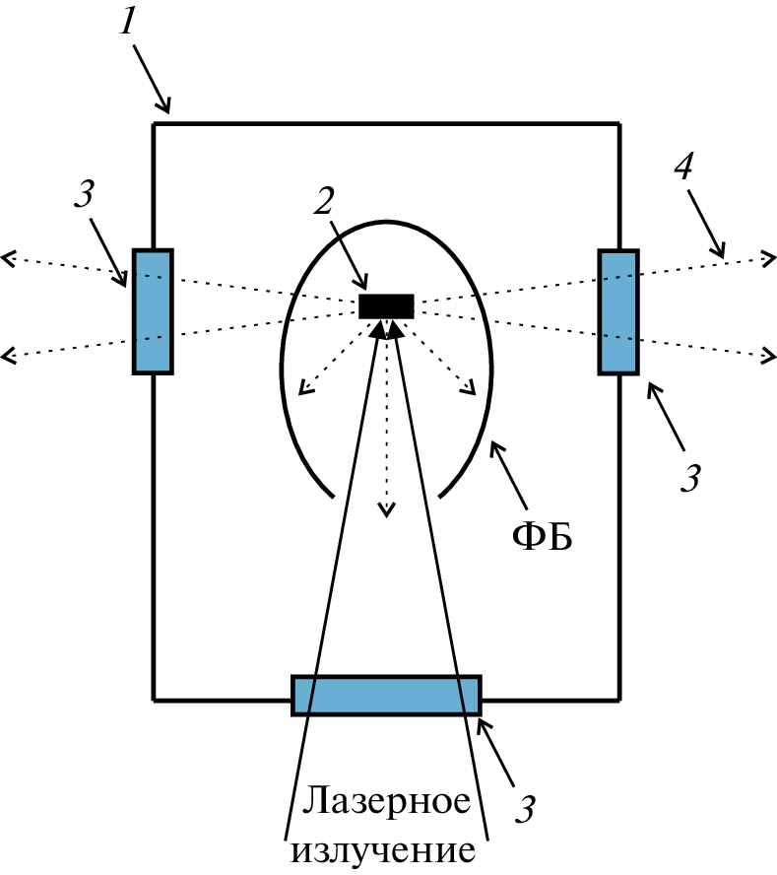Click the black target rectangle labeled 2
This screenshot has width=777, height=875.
[386, 305]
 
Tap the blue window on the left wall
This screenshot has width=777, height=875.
[153, 311]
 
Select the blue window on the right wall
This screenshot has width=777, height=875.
[618, 311]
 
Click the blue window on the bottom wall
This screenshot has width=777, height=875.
[386, 695]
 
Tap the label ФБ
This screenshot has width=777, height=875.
[542, 537]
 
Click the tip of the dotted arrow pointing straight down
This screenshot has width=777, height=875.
[387, 511]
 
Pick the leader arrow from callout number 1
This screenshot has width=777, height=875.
[153, 84]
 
